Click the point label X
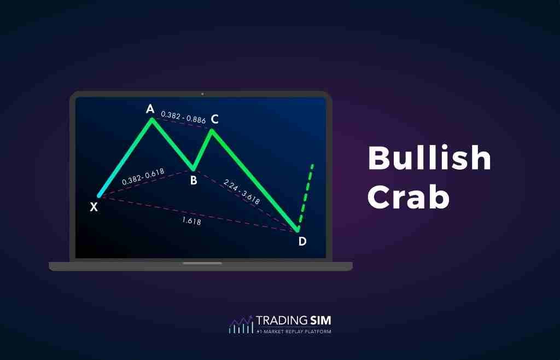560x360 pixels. click(94, 207)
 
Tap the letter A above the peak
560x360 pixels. click(150, 109)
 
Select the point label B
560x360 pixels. click(194, 179)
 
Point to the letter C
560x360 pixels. click(215, 119)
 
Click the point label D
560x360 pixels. click(302, 241)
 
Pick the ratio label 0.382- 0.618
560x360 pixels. click(143, 176)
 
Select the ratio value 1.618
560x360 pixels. click(191, 222)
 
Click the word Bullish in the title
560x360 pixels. click(429, 158)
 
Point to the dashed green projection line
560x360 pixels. click(306, 194)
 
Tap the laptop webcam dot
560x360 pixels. click(202, 94)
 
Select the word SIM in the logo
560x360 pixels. click(319, 320)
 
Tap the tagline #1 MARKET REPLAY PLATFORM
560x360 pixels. click(294, 332)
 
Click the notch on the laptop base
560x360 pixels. click(202, 263)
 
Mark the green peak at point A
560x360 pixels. click(152, 119)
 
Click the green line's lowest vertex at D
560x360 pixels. click(298, 230)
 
